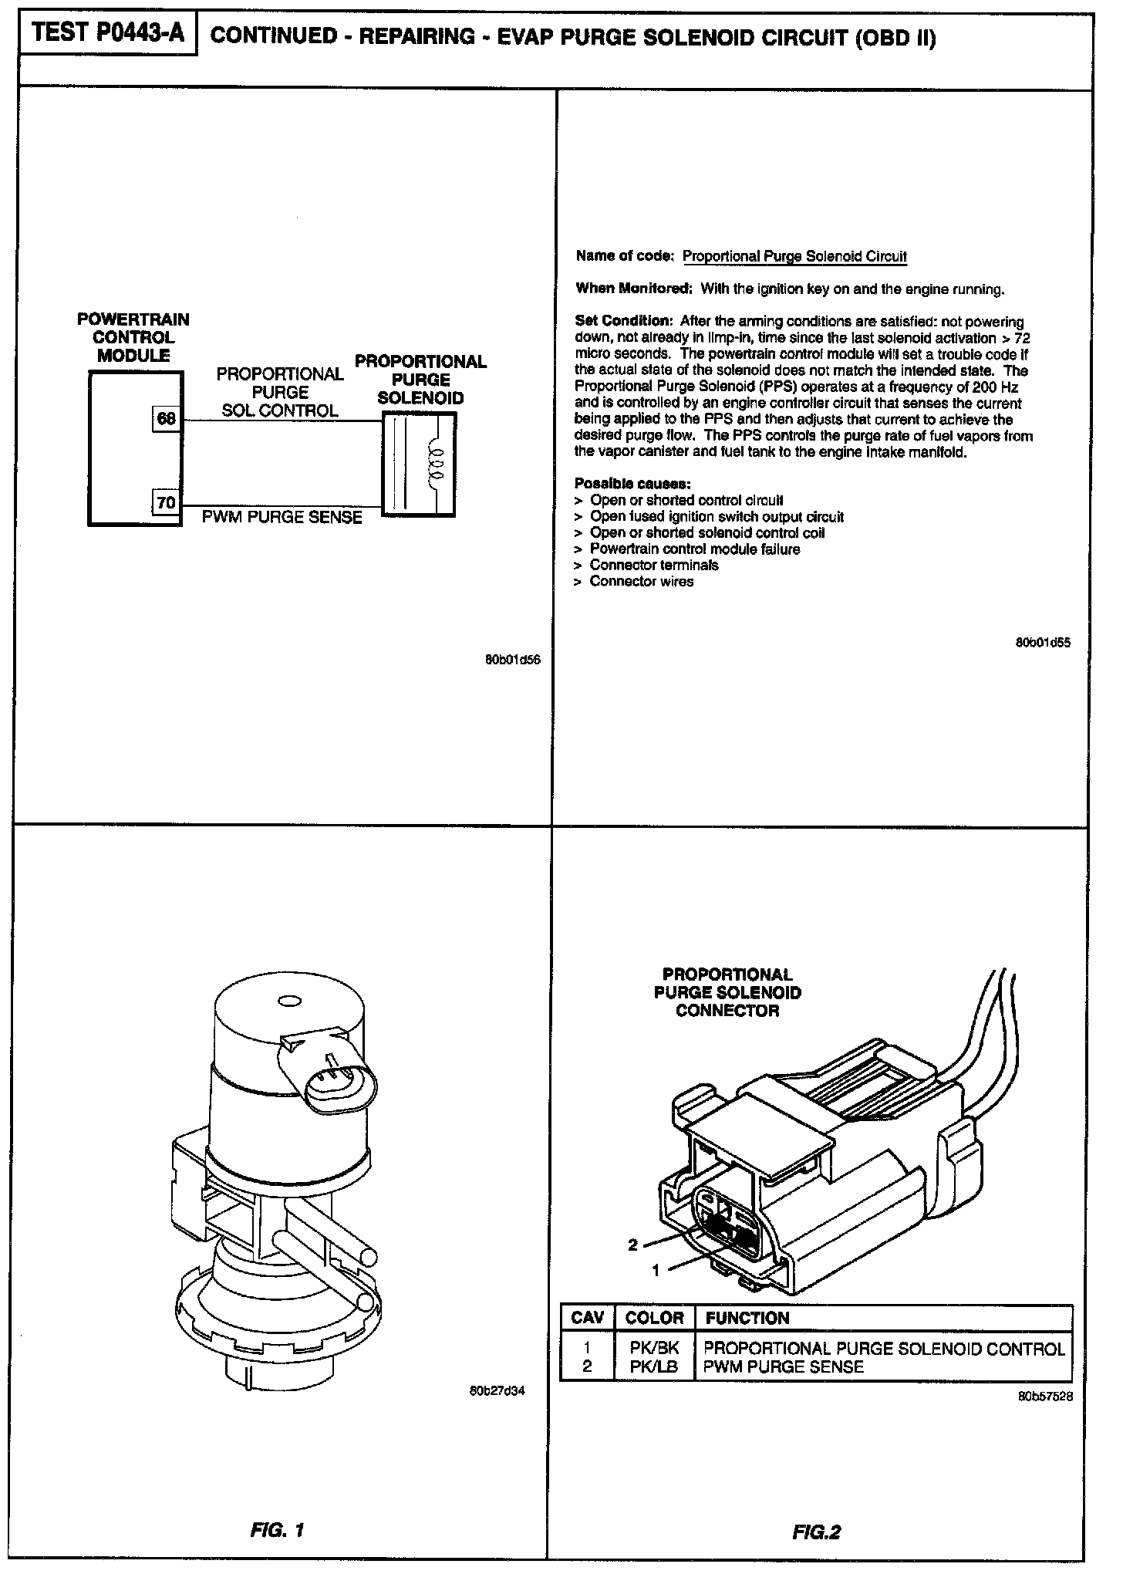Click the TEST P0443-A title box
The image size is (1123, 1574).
pyautogui.click(x=108, y=35)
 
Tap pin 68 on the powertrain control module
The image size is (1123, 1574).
pyautogui.click(x=167, y=419)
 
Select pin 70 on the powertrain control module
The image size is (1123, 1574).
pyautogui.click(x=167, y=503)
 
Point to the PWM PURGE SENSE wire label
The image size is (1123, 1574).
pyautogui.click(x=282, y=517)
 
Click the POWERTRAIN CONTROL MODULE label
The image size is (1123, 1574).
pyautogui.click(x=133, y=337)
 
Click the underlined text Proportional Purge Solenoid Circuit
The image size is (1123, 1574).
pyautogui.click(x=794, y=257)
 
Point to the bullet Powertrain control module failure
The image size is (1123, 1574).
pyautogui.click(x=694, y=549)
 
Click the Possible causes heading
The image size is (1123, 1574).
pyautogui.click(x=632, y=484)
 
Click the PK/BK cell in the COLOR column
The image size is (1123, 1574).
pyautogui.click(x=654, y=1349)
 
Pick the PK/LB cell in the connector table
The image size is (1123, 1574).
pyautogui.click(x=654, y=1367)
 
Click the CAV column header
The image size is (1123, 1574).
pyautogui.click(x=587, y=1318)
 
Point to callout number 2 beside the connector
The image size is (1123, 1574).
pyautogui.click(x=632, y=1245)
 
